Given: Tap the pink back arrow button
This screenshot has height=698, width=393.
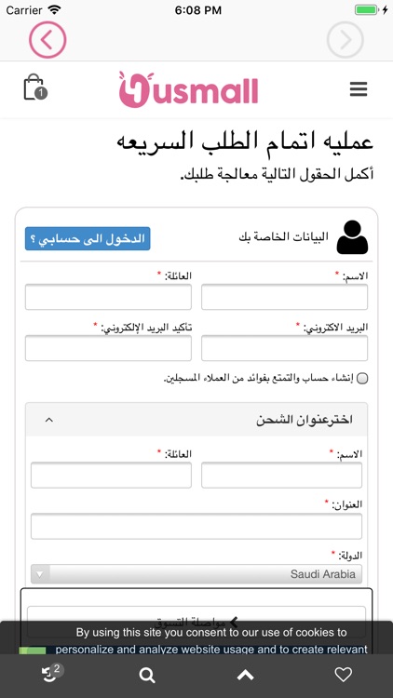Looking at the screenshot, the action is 47,40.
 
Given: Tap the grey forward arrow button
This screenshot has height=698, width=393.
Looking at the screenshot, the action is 345,40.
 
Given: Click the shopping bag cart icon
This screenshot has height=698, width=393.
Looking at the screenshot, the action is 34,87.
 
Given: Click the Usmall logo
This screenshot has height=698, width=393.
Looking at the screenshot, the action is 188,89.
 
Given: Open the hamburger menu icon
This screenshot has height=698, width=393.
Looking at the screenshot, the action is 359,89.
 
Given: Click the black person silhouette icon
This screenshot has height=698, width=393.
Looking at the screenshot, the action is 352,237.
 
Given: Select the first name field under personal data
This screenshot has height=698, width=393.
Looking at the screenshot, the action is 284,297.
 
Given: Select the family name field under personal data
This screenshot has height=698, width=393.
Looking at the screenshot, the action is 108,297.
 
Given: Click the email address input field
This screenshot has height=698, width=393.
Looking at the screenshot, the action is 284,348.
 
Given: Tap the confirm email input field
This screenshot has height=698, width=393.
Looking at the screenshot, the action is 108,348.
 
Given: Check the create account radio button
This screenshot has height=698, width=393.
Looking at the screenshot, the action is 362,378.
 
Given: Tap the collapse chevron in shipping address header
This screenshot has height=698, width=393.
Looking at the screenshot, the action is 49,420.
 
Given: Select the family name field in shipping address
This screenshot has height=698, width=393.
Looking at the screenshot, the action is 111,475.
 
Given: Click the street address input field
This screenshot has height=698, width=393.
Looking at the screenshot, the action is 196,526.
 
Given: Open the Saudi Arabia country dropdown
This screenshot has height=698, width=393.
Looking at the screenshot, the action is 196,574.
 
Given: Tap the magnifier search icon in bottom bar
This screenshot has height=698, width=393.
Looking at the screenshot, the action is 147,676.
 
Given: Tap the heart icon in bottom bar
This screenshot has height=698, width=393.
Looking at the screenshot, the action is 343,676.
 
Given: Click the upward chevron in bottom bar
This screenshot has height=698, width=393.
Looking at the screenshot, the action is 245,676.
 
